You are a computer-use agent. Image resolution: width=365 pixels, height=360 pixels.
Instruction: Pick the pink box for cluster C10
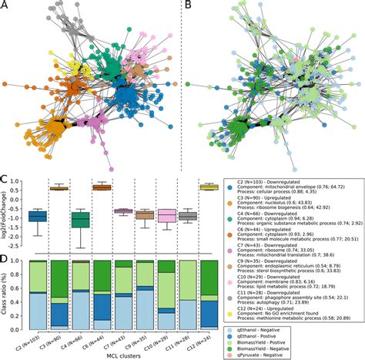coord(166,216)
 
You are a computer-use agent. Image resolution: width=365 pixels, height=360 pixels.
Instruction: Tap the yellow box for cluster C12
coord(209,187)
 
